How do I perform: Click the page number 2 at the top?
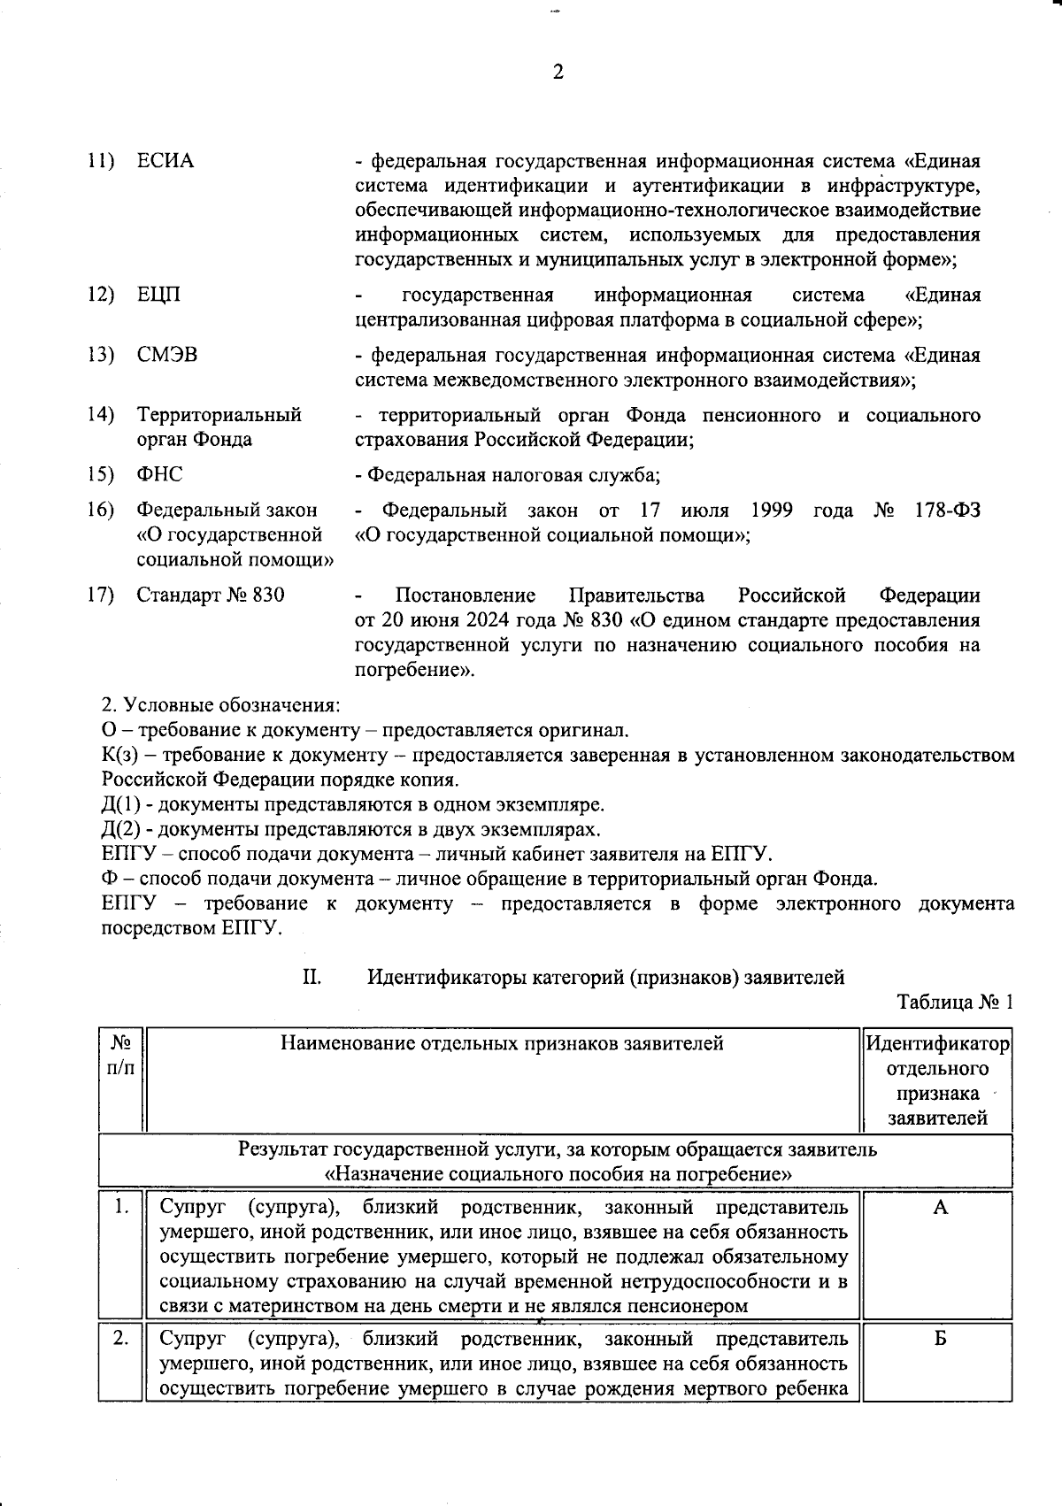click(558, 72)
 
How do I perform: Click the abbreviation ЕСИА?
click(165, 161)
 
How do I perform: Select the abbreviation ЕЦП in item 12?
click(158, 294)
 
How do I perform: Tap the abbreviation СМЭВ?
click(167, 355)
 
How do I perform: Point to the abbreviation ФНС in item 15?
click(159, 474)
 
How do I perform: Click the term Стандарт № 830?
click(211, 595)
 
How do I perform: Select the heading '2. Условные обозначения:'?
click(220, 705)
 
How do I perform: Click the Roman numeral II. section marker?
click(312, 977)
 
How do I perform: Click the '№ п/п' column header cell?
click(121, 1056)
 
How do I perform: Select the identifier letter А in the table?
click(940, 1208)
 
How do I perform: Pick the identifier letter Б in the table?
click(940, 1339)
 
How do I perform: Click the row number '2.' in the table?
click(121, 1339)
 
